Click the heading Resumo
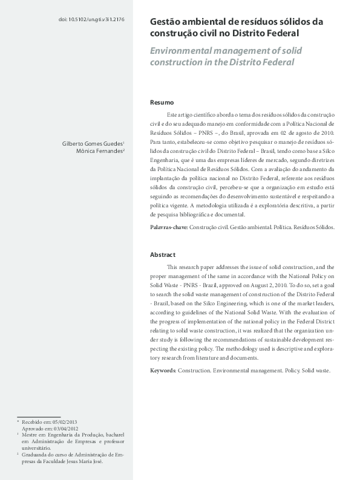(x=162, y=102)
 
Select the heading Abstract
(x=163, y=255)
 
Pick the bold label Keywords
(x=164, y=371)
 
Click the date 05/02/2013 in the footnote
(x=64, y=421)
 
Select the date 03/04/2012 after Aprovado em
(x=65, y=428)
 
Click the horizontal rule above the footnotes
(x=39, y=417)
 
